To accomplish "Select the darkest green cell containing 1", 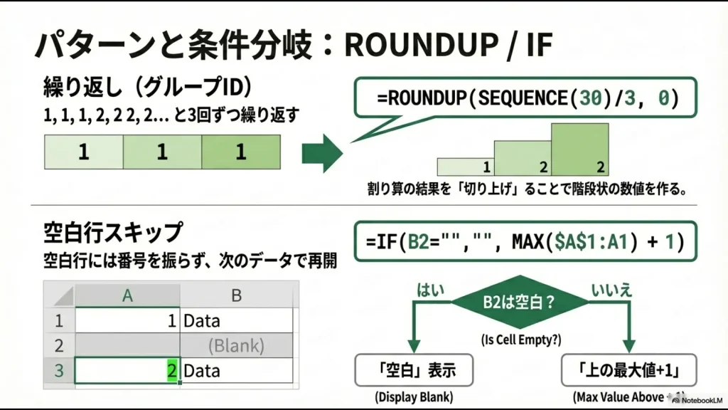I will click(240, 152).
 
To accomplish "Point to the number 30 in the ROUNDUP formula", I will click(589, 98).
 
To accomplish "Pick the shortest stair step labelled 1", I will click(466, 167).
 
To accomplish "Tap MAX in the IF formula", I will click(530, 241).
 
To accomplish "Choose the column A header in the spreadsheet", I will click(127, 295).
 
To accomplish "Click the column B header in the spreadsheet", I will click(236, 295).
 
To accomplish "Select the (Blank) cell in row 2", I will click(236, 346).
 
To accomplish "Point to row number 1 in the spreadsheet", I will click(59, 321).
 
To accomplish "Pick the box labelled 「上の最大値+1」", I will click(627, 371).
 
